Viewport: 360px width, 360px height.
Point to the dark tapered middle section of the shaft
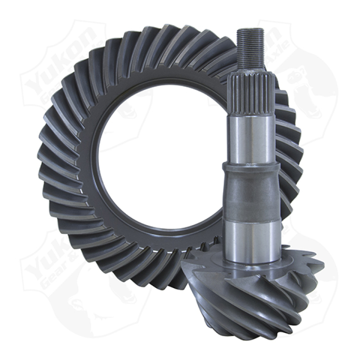pyautogui.click(x=251, y=193)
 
